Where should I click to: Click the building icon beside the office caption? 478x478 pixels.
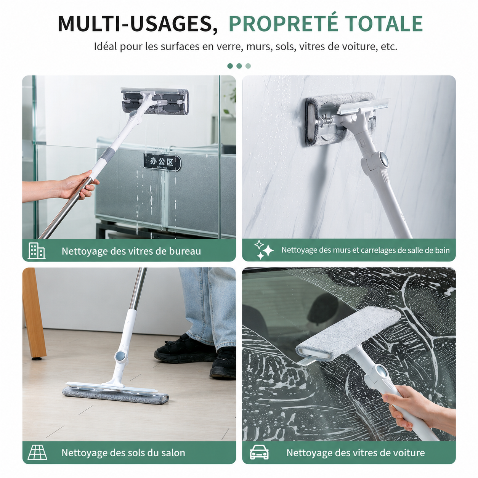(36, 250)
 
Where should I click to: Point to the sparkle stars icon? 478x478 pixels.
(264, 250)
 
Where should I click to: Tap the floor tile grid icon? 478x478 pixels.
(37, 452)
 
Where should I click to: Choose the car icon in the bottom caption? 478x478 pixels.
(259, 452)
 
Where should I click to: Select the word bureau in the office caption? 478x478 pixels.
(185, 251)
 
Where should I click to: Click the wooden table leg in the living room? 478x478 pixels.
(34, 313)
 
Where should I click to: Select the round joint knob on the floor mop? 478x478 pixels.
(120, 356)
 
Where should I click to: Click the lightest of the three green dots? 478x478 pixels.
(248, 66)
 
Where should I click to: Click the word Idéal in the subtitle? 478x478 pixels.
(105, 47)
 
